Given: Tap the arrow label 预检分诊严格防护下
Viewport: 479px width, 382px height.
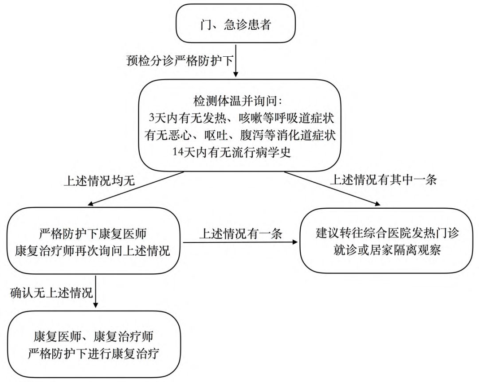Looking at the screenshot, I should click(x=179, y=61).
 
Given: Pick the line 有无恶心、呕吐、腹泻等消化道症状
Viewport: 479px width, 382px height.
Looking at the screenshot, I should click(x=240, y=135).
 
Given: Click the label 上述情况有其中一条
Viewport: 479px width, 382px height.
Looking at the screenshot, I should click(x=384, y=180).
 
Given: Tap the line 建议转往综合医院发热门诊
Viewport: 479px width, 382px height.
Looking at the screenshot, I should click(x=388, y=233).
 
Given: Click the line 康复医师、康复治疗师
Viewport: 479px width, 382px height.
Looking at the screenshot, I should click(x=94, y=337).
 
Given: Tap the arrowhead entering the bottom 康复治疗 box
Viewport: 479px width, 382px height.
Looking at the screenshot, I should click(x=96, y=305).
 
